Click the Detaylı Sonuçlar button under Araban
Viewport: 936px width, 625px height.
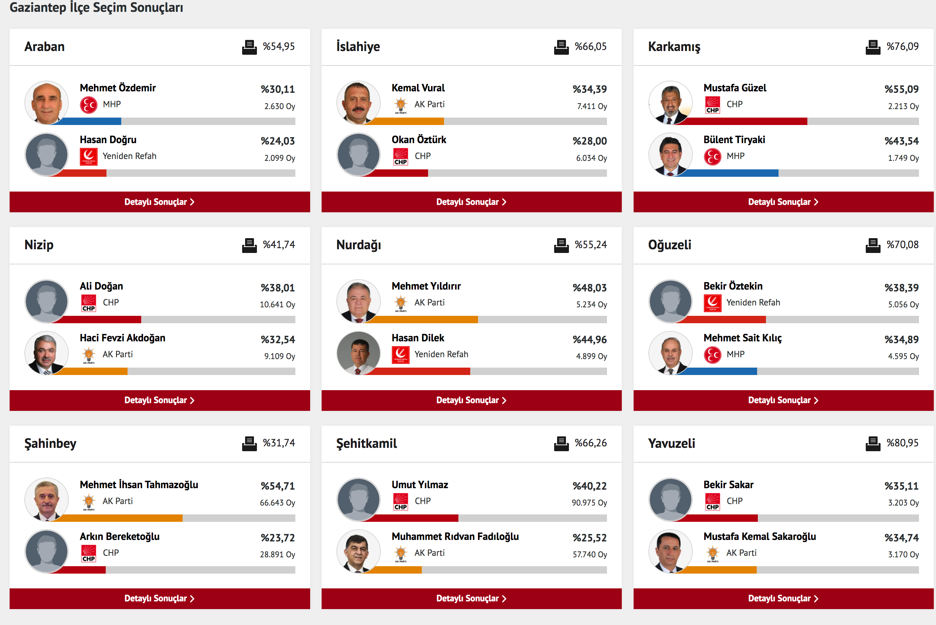click(x=159, y=202)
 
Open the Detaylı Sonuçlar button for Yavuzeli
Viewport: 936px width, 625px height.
click(x=783, y=598)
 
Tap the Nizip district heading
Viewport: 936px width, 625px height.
click(x=39, y=245)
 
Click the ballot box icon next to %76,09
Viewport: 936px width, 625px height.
click(x=872, y=47)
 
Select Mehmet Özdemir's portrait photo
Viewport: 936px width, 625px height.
click(x=47, y=102)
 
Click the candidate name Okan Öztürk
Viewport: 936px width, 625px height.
click(x=418, y=140)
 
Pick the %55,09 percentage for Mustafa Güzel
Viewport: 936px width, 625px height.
click(x=901, y=89)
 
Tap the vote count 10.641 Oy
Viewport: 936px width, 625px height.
click(x=277, y=304)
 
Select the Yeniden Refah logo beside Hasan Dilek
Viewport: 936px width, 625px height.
click(x=400, y=355)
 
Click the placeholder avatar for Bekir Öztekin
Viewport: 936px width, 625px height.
click(x=670, y=301)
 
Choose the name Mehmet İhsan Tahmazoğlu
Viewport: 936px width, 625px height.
click(x=139, y=485)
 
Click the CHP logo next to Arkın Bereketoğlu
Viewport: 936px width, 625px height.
click(x=88, y=553)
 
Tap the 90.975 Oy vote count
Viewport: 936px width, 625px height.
click(x=589, y=503)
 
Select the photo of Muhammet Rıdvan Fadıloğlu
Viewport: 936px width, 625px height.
click(x=358, y=551)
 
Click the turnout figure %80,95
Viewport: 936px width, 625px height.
click(x=902, y=443)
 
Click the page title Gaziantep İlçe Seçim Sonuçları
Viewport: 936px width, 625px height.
click(x=96, y=7)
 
